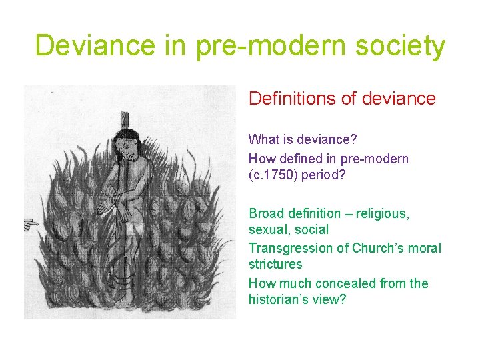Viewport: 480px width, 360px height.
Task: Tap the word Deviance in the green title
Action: (91, 46)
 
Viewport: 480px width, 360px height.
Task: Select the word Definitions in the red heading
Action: (291, 99)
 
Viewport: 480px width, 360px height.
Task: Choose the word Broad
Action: (266, 213)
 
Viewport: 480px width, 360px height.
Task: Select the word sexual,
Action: (269, 230)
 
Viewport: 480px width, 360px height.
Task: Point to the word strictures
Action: (275, 265)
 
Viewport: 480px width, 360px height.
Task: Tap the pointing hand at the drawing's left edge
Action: (30, 225)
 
